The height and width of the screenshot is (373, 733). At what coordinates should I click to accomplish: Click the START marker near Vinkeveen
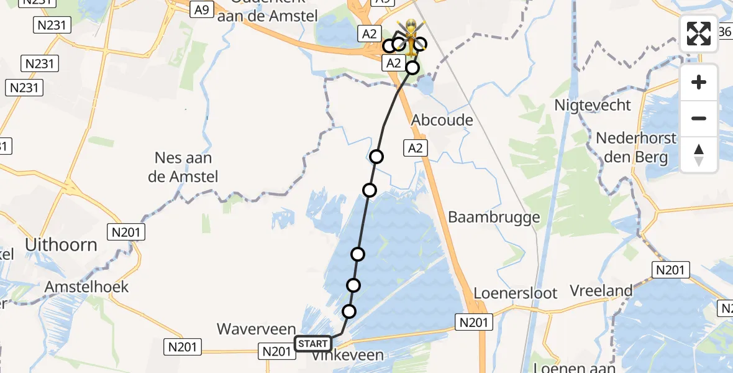313,344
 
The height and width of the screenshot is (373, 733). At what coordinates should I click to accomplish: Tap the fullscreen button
699,34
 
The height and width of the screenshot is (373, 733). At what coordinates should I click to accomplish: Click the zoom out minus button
699,118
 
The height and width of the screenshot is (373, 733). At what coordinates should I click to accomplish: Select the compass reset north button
699,154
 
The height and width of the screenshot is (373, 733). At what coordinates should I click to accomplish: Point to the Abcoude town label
442,120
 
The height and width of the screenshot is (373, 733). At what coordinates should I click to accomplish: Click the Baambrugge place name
494,217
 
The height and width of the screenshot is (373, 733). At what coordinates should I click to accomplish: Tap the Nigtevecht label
593,105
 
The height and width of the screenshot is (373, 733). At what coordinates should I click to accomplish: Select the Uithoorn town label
61,245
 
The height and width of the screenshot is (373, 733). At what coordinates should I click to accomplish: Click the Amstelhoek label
86,287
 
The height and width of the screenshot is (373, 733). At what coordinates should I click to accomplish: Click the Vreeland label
601,290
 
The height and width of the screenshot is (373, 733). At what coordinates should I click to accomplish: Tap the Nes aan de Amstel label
183,167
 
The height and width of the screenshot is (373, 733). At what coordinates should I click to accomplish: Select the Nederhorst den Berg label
635,147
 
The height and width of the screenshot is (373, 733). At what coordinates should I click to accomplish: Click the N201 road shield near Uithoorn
126,233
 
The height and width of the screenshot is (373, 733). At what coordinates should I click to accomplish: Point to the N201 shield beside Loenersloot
475,322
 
